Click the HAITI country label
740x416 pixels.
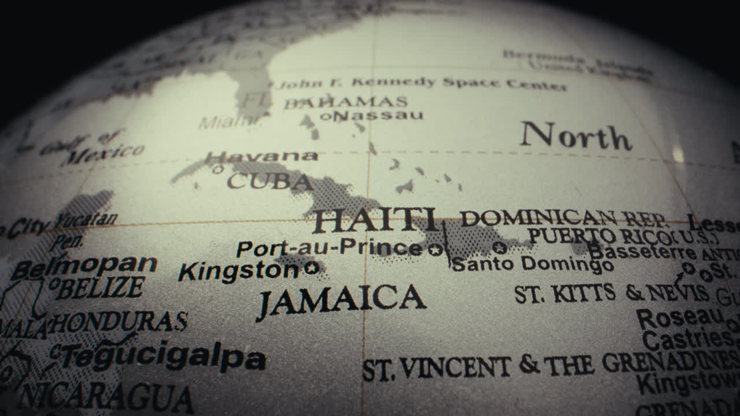[375, 220]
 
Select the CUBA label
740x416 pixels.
[269, 181]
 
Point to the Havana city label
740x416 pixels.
[261, 157]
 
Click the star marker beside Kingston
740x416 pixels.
[312, 268]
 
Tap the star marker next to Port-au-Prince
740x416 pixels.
[435, 250]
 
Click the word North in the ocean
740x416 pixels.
[575, 136]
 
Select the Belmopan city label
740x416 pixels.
[84, 266]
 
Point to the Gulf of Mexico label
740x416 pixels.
[92, 147]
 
